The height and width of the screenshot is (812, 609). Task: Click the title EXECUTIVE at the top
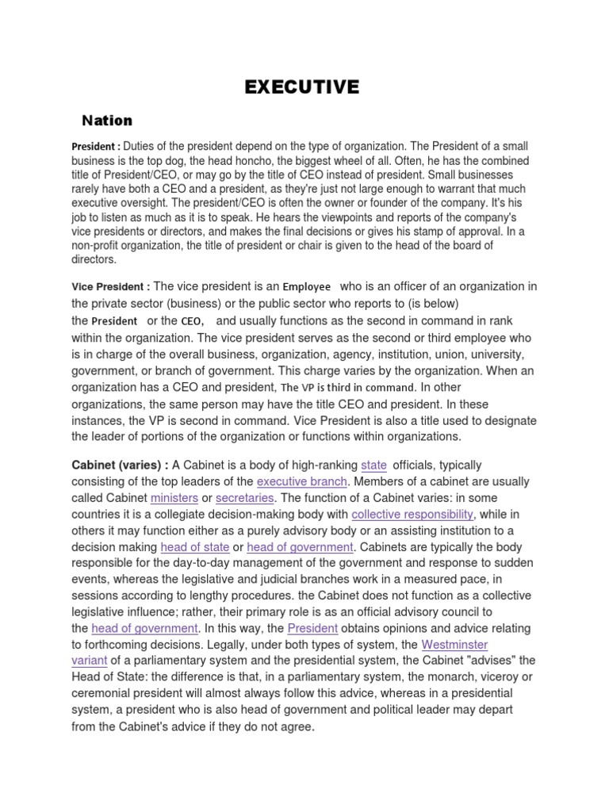tap(302, 86)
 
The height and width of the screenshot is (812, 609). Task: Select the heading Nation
tap(107, 121)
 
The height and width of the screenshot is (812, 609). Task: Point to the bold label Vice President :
tap(110, 287)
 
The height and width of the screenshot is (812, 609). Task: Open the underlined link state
tap(373, 465)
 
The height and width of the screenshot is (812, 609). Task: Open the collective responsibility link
tap(412, 515)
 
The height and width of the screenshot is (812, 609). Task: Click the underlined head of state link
tap(195, 547)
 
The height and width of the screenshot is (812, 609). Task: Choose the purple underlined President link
tap(312, 629)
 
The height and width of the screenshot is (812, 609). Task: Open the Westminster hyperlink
tap(454, 645)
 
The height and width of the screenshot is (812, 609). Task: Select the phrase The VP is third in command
tap(348, 388)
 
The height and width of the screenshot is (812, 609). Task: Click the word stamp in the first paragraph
tap(414, 232)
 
